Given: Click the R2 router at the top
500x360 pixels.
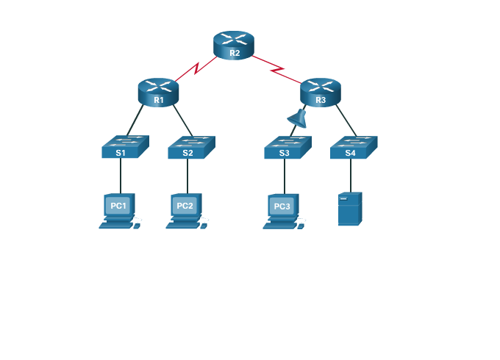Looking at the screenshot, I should coord(234,45).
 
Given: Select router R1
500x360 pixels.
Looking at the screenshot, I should coord(158,92).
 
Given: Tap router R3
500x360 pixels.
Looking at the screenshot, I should coord(321,92).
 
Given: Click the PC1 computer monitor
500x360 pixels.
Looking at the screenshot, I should coord(118,206).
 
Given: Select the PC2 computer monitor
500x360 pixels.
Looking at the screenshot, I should coord(185,206).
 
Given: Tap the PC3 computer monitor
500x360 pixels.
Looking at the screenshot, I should coord(282,206).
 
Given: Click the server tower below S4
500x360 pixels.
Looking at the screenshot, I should coord(349,209).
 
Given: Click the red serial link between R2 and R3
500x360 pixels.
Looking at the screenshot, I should coord(277,68).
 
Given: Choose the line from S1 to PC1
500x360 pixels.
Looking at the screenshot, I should coord(121,176).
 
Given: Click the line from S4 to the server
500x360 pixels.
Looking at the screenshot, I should coord(350,175).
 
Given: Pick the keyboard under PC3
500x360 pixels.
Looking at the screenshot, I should coord(277,226).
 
